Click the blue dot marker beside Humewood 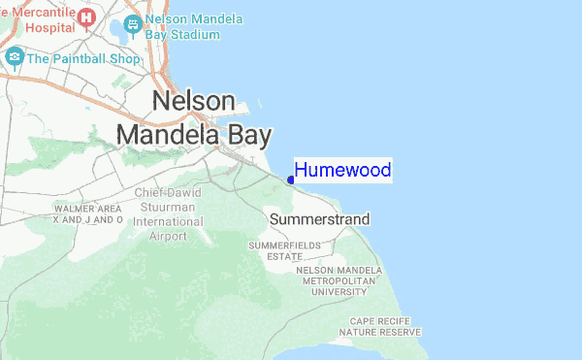(291, 179)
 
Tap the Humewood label (342, 171)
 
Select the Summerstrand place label (319, 220)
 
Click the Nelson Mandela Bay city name (194, 118)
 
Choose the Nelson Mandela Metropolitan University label (346, 279)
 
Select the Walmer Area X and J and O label (87, 214)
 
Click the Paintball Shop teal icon (15, 57)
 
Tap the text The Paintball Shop (84, 58)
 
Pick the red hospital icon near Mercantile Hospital (87, 16)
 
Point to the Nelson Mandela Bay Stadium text (193, 27)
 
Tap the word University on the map (346, 290)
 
